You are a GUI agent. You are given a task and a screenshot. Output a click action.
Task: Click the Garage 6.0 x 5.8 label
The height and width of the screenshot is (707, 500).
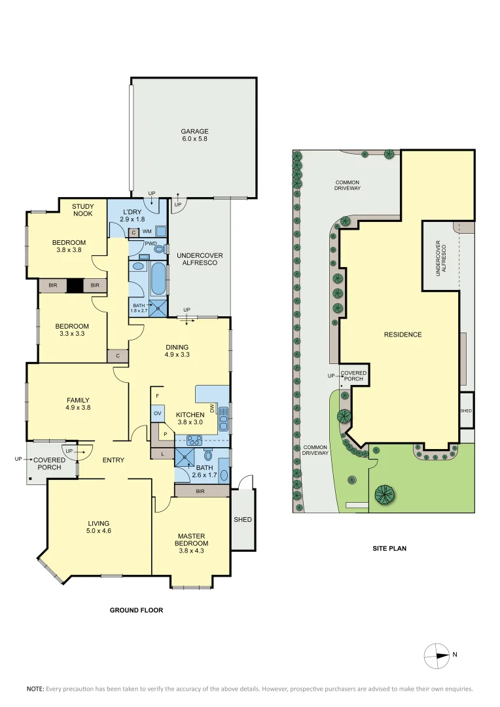(194, 136)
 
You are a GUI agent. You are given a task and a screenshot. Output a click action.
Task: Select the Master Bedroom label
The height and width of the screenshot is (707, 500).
(191, 540)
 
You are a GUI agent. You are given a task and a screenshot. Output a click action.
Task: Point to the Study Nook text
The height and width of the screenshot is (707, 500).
(82, 210)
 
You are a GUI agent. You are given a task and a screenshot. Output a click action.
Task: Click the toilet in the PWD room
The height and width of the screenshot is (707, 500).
(158, 249)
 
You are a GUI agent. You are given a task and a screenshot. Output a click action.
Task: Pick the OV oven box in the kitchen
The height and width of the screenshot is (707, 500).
(158, 414)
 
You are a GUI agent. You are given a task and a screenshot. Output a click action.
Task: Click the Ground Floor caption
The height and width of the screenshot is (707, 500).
(136, 610)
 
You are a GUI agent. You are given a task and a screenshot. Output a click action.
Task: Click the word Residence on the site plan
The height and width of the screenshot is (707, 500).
(402, 335)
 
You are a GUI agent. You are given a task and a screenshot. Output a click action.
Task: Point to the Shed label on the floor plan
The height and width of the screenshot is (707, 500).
(243, 520)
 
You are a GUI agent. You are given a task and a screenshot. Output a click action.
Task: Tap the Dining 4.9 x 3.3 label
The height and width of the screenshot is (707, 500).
(177, 352)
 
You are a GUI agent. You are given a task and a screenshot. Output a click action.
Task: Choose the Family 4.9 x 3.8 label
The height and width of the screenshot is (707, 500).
(78, 404)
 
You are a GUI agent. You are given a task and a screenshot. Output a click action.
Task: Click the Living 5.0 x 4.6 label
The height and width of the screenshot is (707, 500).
(99, 527)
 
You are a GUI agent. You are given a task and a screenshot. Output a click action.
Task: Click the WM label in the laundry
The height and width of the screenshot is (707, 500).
(147, 232)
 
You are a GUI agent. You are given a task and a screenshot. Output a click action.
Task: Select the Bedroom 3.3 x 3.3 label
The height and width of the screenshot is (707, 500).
(71, 330)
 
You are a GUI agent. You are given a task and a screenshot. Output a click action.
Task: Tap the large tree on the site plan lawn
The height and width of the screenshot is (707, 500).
(384, 494)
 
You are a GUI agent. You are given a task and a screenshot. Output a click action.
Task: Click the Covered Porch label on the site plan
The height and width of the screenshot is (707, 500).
(353, 376)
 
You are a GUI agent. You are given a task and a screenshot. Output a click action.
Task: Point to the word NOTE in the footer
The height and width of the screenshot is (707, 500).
(35, 689)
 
